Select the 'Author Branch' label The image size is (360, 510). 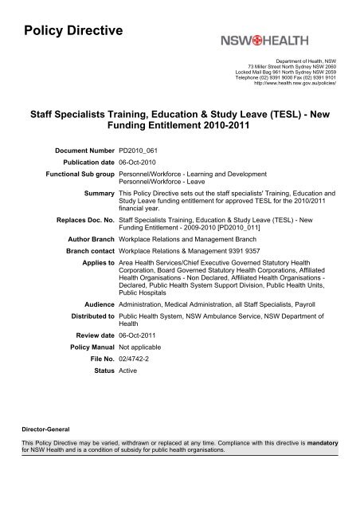coord(84,237)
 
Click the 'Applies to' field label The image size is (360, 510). coord(94,260)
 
